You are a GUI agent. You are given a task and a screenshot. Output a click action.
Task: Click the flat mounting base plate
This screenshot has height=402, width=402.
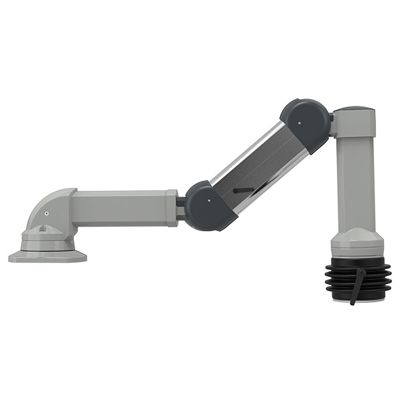coord(47,256)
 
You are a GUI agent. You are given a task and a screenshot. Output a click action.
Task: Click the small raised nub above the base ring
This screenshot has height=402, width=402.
coord(42,228)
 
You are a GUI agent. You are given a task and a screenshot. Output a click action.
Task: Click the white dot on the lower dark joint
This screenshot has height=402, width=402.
coord(209,199)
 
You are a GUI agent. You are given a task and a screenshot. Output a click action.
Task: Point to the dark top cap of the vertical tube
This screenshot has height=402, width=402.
coord(354,108)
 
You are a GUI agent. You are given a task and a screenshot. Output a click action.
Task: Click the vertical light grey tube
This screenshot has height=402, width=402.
coord(355,181)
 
